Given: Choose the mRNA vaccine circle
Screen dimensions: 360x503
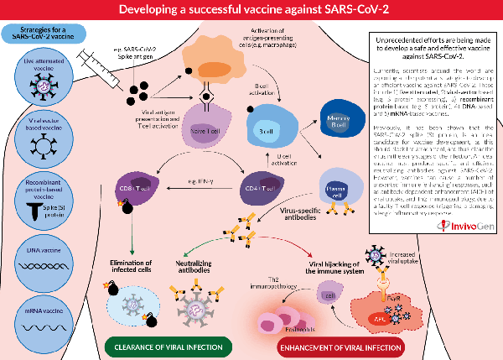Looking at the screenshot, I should click(44, 319).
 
